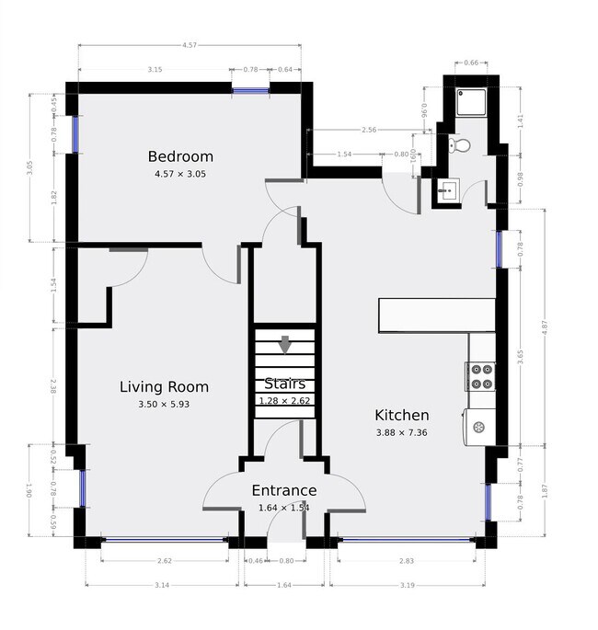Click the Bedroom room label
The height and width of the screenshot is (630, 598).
(x=181, y=156)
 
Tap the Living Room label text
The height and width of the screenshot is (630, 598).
(x=164, y=387)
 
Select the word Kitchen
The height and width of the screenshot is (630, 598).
(x=401, y=416)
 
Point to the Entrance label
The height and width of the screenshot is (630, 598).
(x=284, y=491)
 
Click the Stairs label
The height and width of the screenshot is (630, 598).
(x=284, y=384)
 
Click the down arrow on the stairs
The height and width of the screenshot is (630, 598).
(x=284, y=345)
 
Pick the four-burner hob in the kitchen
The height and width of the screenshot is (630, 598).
(x=481, y=376)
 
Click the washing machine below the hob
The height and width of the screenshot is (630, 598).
(x=481, y=426)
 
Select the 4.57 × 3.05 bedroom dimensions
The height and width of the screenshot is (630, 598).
(x=181, y=173)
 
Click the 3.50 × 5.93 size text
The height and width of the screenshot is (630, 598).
(x=164, y=404)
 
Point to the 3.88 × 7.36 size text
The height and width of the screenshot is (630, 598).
(x=401, y=432)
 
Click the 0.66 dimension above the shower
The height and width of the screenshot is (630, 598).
(x=471, y=63)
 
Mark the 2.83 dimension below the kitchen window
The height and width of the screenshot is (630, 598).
(x=406, y=561)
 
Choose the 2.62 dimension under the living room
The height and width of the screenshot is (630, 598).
(x=165, y=561)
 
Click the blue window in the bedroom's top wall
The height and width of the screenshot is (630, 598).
(x=250, y=89)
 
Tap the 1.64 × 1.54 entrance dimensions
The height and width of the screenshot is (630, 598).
(x=284, y=507)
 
